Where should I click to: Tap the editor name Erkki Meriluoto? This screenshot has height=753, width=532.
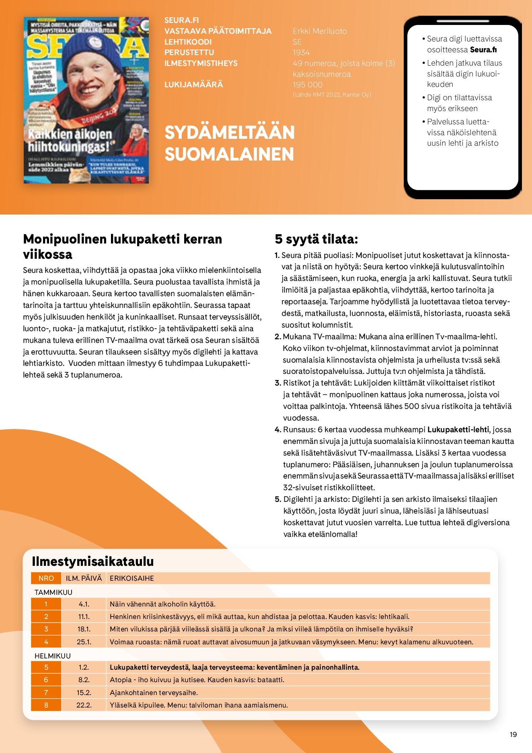[320, 31]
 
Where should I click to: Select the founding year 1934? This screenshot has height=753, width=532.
[301, 53]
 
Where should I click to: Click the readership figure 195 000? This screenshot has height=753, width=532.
[308, 85]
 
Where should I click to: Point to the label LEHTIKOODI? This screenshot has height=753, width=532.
[188, 42]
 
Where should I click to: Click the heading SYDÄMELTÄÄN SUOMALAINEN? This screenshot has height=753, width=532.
[229, 143]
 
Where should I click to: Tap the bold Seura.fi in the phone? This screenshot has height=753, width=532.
[483, 50]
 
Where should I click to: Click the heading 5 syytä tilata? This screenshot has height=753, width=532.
[316, 239]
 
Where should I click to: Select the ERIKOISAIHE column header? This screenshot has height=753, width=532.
[132, 578]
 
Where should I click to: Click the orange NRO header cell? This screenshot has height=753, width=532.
[46, 578]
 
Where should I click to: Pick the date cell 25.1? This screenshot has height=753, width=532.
[84, 642]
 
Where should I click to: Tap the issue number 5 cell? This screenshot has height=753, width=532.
[46, 667]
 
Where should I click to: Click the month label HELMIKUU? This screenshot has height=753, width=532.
[53, 656]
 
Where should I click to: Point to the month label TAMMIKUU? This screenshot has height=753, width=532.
[53, 592]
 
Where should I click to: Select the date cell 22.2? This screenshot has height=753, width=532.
[84, 705]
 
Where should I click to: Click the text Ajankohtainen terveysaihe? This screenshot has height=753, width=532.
[154, 693]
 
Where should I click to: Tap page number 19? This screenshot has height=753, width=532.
[513, 734]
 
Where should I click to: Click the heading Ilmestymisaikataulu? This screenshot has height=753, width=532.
[93, 561]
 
